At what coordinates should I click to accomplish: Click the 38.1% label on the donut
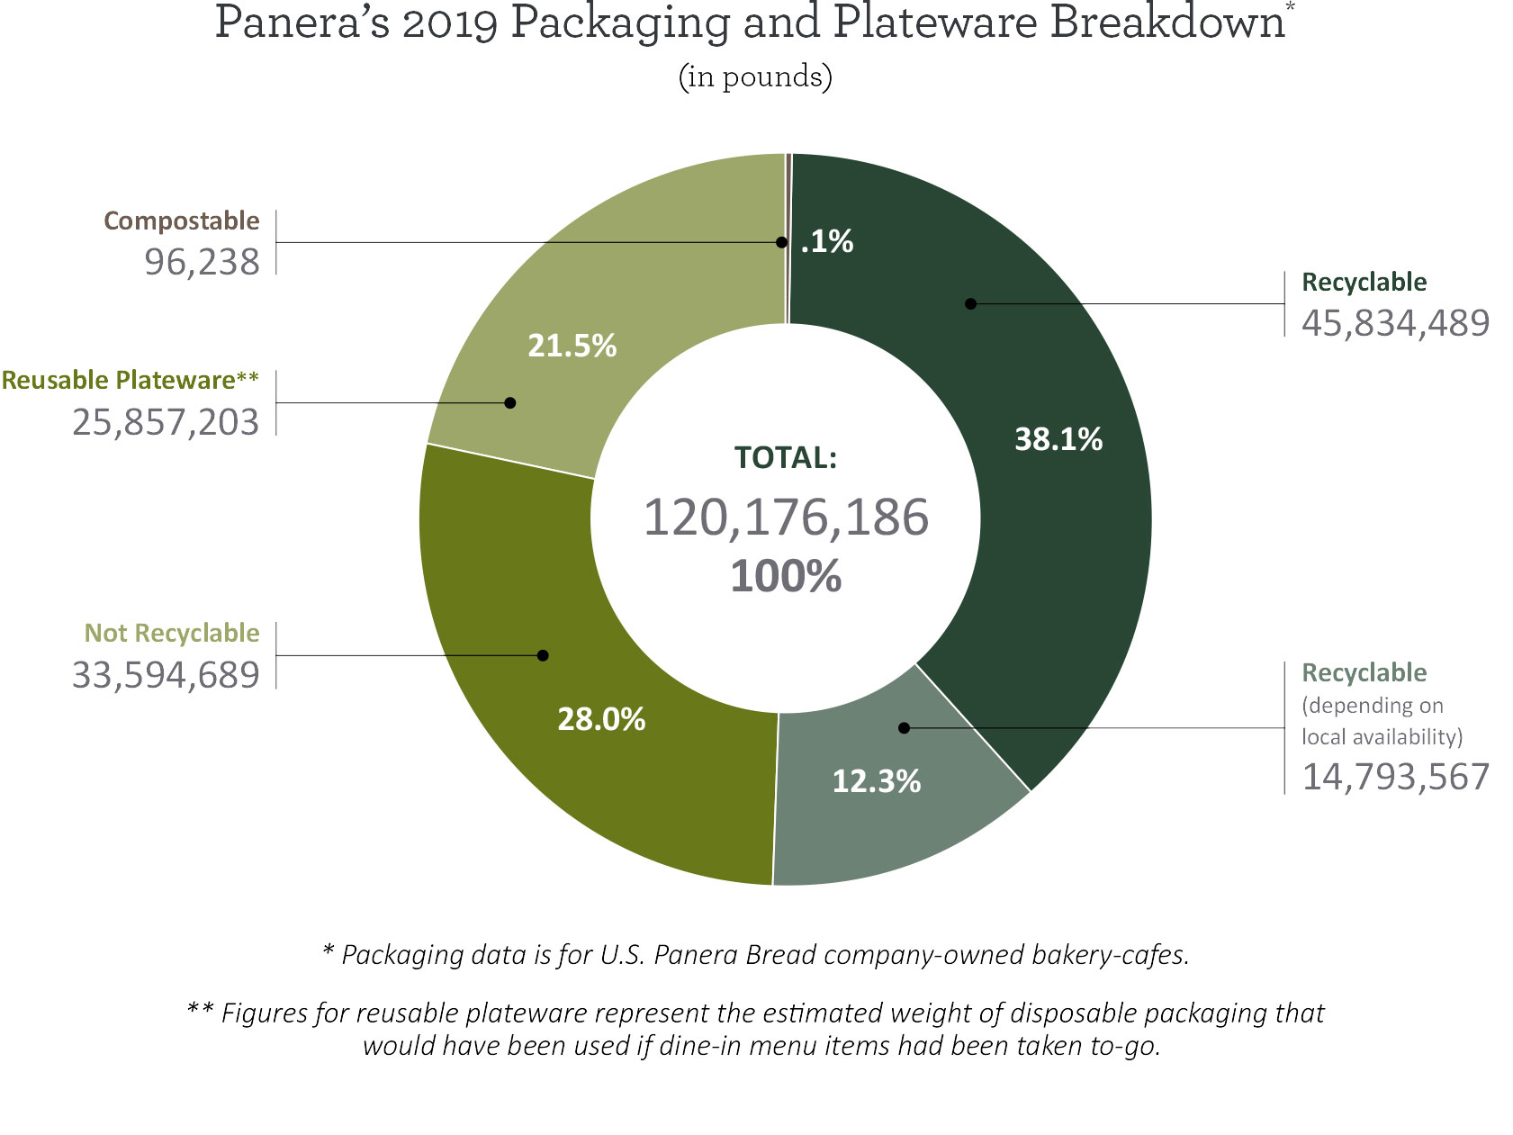[1058, 439]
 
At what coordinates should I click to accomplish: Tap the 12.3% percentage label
[876, 781]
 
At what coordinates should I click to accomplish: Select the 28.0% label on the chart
[601, 719]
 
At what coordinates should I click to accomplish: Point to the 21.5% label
[572, 346]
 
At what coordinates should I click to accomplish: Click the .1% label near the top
[826, 241]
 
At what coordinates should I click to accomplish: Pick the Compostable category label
[181, 221]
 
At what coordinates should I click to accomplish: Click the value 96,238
[202, 262]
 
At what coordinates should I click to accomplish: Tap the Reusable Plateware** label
[130, 380]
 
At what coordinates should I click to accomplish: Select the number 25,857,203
[166, 422]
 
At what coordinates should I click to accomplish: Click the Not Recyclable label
[171, 633]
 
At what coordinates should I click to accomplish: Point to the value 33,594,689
[166, 675]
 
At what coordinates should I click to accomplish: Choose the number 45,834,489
[1395, 323]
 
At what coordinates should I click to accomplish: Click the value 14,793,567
[1395, 777]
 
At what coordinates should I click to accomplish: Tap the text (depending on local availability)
[1381, 721]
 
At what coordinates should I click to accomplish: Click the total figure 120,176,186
[786, 518]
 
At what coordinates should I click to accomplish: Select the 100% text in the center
[786, 576]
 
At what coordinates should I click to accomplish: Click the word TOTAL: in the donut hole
[786, 457]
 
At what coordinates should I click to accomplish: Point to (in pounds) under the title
[755, 77]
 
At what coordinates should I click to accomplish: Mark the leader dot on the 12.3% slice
[905, 727]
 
